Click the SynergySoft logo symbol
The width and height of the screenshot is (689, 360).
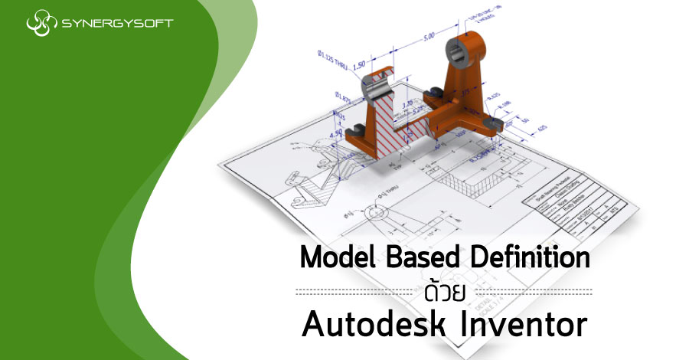coord(41,23)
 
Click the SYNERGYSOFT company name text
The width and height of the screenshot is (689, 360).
coord(114,23)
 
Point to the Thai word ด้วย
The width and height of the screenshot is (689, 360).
coord(445,291)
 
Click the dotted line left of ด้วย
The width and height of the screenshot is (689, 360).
coord(356,292)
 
